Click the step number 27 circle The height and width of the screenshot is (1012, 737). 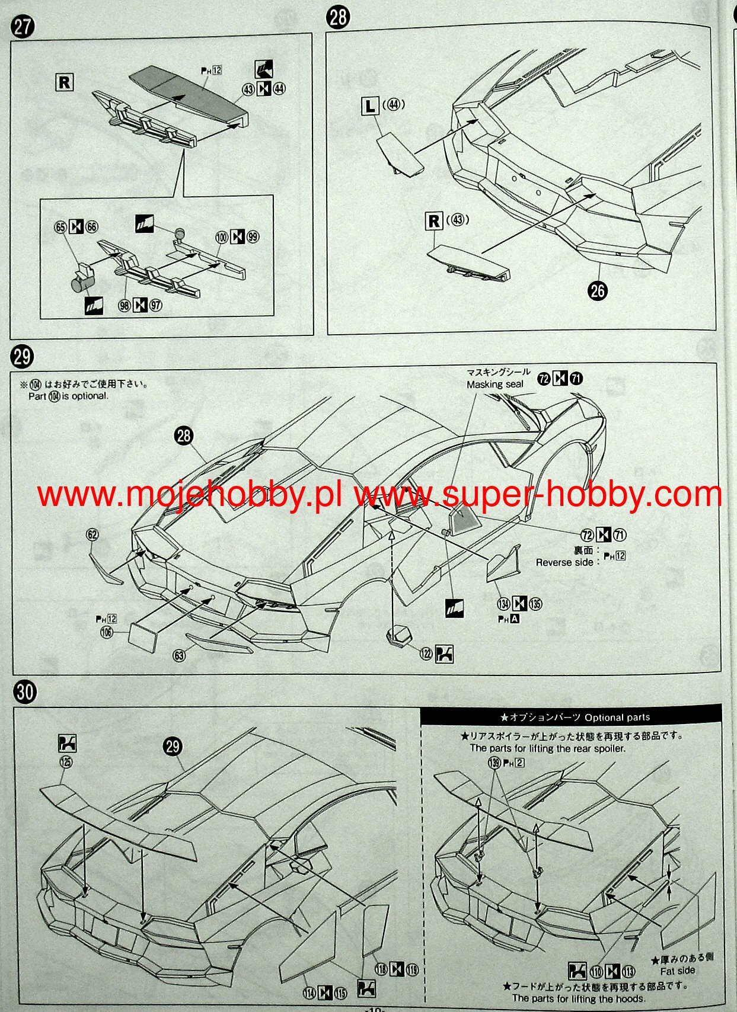pos(23,27)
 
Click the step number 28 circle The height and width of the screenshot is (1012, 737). pos(338,17)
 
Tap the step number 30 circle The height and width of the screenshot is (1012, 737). pos(25,691)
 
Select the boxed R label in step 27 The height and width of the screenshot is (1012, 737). pos(64,82)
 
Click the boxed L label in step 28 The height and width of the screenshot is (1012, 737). pos(370,106)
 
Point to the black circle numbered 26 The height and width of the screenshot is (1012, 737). pos(598,290)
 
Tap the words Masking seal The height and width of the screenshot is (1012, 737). pos(494,385)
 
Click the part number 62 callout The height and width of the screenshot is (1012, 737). pos(92,534)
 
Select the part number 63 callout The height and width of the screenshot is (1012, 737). pos(178,655)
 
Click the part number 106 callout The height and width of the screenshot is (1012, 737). pos(107,632)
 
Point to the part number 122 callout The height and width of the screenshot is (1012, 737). pos(426,654)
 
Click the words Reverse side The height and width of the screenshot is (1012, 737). pos(564,562)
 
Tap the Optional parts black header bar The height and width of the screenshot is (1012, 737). pos(572,717)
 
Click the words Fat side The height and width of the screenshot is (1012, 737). pos(677,971)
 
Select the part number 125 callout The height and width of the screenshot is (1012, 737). pos(66,761)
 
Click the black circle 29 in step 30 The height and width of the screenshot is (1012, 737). pos(173,746)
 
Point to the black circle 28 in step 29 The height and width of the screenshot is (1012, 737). pos(184,435)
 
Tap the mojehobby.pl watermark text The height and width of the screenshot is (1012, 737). pos(190,495)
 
